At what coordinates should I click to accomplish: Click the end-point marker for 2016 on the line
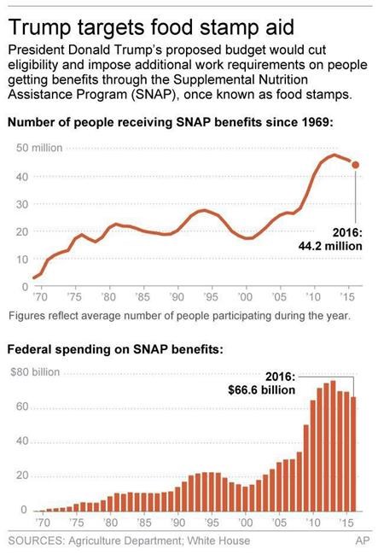(x=355, y=165)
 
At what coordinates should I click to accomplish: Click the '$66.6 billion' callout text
(x=260, y=390)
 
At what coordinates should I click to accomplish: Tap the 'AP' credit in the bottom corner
(x=362, y=540)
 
